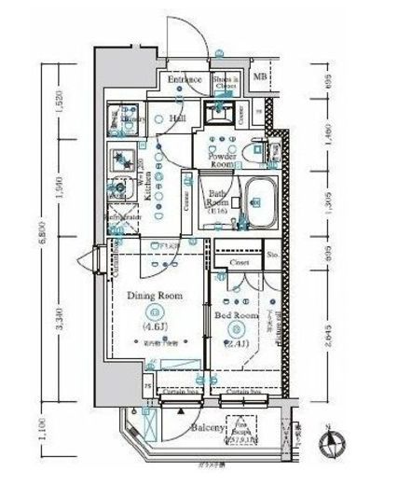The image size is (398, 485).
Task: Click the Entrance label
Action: [x=185, y=81]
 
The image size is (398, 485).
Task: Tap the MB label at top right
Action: [x=261, y=76]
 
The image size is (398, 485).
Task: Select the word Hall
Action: [x=176, y=119]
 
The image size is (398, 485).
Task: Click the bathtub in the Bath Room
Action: [x=259, y=198]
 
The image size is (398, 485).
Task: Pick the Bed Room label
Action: [x=236, y=316]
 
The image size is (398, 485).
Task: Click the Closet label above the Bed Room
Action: [x=239, y=264]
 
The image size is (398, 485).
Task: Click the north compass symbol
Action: [x=333, y=443]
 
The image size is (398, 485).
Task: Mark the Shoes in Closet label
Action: [x=226, y=81]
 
